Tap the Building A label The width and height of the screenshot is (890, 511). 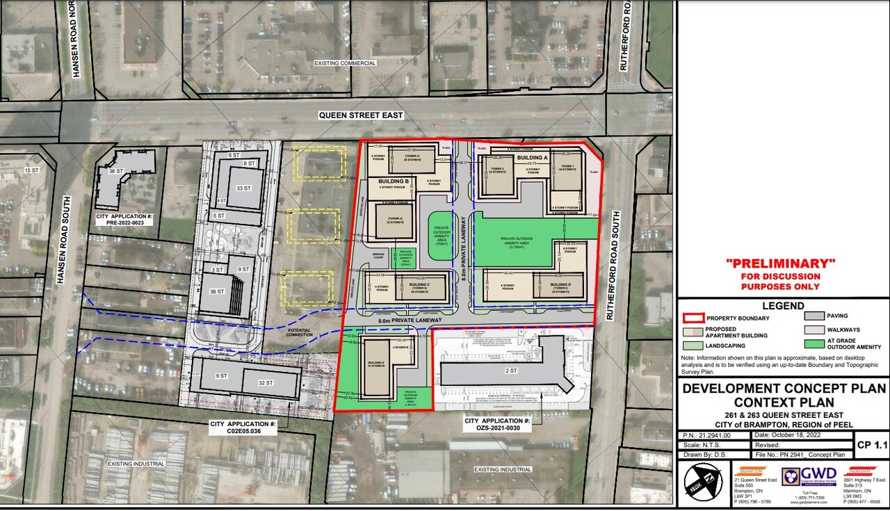tap(532, 159)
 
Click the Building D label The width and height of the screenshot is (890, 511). tap(560, 285)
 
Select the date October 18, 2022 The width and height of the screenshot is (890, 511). tap(801, 435)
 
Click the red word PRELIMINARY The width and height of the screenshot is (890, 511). tap(779, 263)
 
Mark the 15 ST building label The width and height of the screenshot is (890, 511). tap(31, 170)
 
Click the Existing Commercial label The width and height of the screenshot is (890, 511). tap(345, 63)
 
